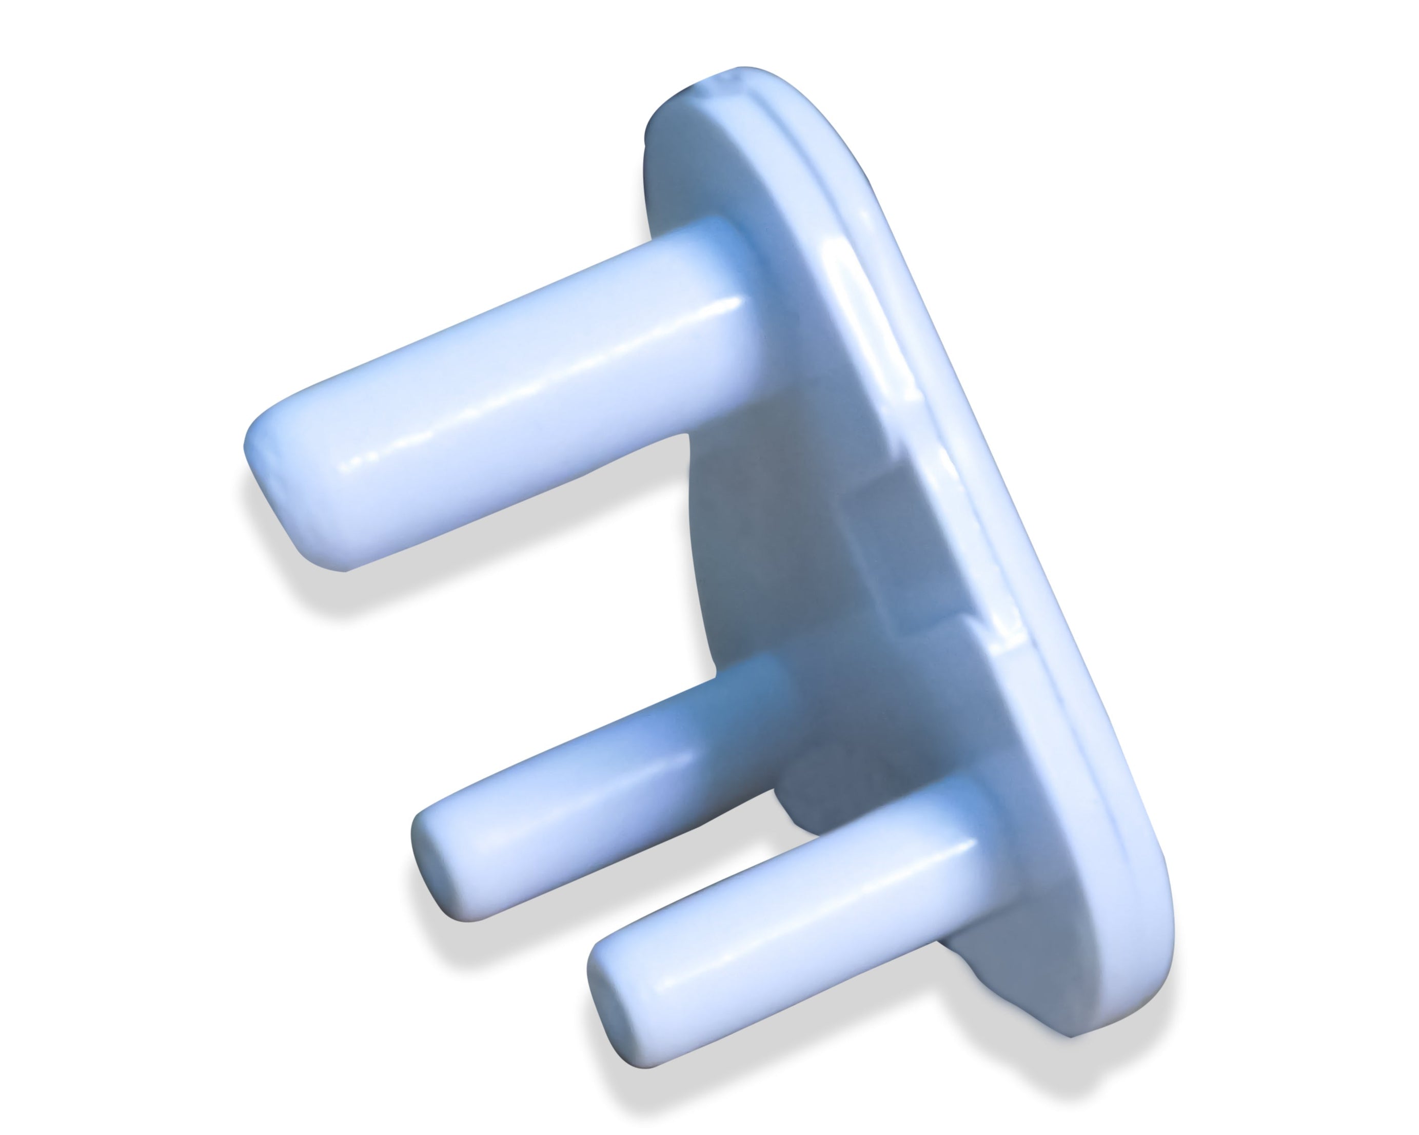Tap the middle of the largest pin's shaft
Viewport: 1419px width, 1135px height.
500,395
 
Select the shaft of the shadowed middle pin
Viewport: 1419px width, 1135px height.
593,790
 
